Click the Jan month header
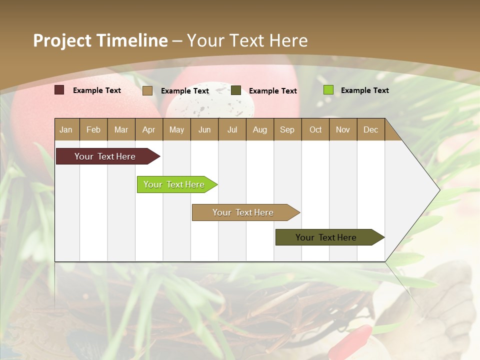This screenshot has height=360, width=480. (66, 130)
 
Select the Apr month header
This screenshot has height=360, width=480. (149, 130)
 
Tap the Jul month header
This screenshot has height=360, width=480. (232, 130)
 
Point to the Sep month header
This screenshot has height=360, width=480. (287, 130)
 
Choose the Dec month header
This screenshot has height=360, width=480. (370, 130)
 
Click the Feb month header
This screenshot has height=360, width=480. (93, 130)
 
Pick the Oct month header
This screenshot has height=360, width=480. (315, 130)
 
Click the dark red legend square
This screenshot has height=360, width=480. (59, 90)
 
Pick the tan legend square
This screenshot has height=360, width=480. (147, 90)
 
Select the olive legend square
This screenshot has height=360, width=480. (236, 90)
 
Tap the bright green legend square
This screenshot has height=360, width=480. (328, 90)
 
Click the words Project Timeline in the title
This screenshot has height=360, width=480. (100, 40)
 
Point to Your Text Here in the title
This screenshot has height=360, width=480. (247, 40)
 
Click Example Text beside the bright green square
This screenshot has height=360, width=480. (364, 90)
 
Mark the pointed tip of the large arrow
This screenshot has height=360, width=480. (438, 190)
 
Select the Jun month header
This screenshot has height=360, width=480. (204, 130)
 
